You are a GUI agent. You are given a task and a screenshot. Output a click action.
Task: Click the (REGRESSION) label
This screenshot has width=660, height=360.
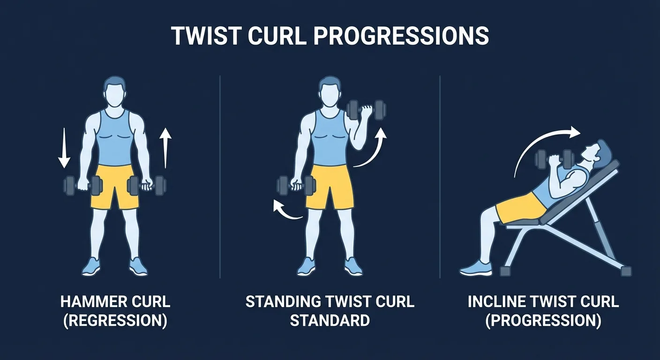tap(115, 321)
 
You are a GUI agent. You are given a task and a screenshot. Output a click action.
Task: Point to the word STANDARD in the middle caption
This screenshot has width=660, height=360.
tap(330, 321)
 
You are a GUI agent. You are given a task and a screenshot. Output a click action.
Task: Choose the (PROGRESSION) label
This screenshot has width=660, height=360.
tap(544, 321)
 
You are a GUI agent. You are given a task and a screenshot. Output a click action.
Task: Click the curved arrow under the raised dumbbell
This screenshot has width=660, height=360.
tap(372, 149)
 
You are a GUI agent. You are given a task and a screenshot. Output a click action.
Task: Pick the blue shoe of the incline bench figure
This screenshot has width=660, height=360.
tap(476, 269)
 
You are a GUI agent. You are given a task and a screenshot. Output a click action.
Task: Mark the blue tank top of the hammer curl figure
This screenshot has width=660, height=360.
tap(114, 138)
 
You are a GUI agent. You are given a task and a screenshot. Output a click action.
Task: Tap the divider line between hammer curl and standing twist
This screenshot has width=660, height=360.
tap(220, 178)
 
